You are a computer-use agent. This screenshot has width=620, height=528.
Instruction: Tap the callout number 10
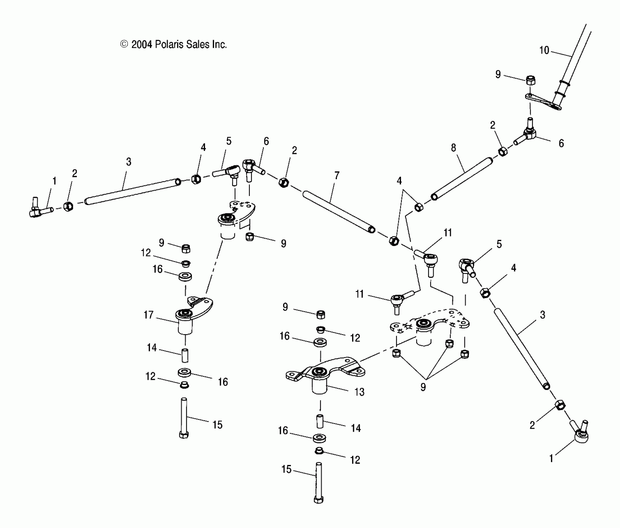pos(544,50)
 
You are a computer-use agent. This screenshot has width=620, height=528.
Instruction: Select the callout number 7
pos(337,176)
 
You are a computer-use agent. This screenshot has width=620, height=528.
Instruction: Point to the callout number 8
pos(453,148)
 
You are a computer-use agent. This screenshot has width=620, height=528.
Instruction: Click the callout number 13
pos(359,392)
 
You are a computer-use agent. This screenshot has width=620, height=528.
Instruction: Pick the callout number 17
pos(148,315)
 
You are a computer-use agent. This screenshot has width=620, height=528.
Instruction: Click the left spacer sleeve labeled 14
pos(185,356)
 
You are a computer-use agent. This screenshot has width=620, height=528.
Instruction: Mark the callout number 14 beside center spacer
pos(356,428)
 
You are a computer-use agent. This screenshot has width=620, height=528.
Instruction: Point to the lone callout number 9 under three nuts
pos(423,387)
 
